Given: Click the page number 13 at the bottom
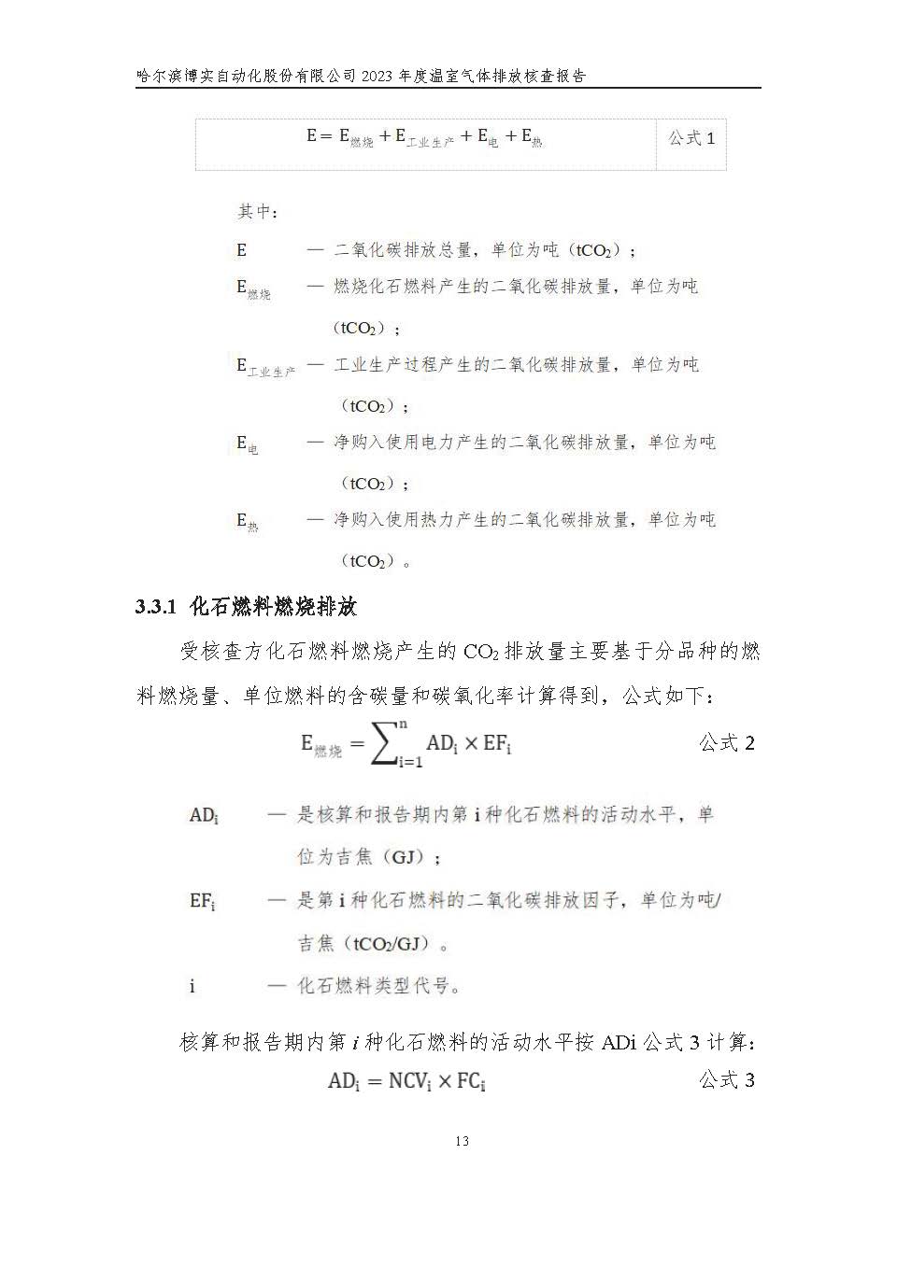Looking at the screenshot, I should click(462, 1141).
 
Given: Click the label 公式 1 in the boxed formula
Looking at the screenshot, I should click(691, 138).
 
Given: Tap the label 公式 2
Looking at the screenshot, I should click(727, 743).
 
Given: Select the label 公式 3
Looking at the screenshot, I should click(727, 1080).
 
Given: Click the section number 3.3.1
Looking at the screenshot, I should click(156, 607).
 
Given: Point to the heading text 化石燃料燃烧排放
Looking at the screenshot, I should click(273, 607).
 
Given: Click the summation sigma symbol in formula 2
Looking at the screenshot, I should click(385, 744).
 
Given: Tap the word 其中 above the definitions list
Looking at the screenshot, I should click(257, 212).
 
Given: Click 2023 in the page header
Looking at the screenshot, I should click(377, 77).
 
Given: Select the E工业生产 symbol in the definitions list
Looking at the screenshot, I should click(265, 366).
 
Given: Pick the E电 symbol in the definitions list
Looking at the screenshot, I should click(247, 444).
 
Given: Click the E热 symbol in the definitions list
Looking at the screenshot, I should click(247, 522).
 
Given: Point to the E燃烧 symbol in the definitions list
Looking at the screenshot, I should click(253, 289).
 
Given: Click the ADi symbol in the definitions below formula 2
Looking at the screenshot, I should click(204, 816).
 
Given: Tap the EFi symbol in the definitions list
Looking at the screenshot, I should click(202, 901).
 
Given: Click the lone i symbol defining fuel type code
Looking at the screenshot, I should click(192, 986).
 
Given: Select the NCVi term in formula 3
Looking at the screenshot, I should click(409, 1081).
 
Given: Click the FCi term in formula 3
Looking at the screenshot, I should click(471, 1081).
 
